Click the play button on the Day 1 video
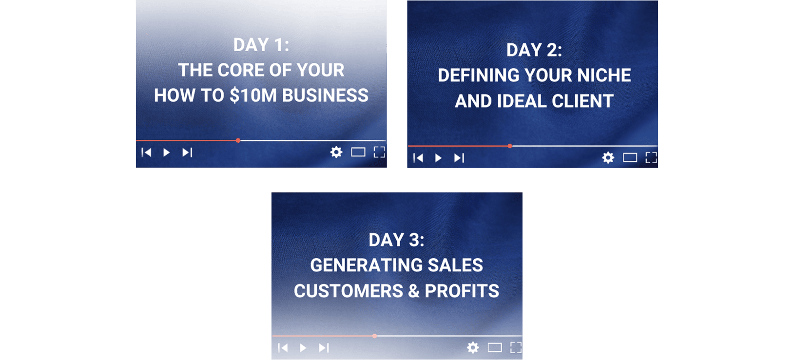click(166, 152)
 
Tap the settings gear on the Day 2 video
click(608, 158)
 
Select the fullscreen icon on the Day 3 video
click(516, 348)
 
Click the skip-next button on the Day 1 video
click(187, 152)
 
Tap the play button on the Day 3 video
click(303, 348)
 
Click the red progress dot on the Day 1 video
click(238, 141)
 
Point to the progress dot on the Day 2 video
click(510, 146)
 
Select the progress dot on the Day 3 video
click(375, 336)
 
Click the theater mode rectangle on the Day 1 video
click(358, 152)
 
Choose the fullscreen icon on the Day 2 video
click(651, 158)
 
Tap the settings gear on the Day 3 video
click(473, 348)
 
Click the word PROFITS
click(462, 291)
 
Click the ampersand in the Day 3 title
click(414, 291)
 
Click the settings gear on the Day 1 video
click(336, 152)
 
